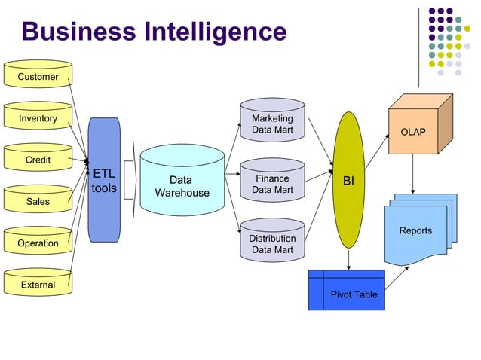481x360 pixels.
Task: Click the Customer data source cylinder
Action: (x=38, y=75)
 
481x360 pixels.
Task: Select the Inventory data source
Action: (x=38, y=117)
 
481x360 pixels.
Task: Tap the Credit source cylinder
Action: (x=38, y=159)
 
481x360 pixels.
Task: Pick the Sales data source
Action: (x=38, y=201)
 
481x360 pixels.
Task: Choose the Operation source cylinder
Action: (x=38, y=243)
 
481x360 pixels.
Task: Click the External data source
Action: (x=38, y=284)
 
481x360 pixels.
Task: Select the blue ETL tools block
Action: (x=104, y=180)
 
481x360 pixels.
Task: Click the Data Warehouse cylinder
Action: (x=182, y=186)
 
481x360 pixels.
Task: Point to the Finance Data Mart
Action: (x=272, y=184)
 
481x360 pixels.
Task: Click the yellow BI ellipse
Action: (x=348, y=180)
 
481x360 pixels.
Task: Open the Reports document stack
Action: (x=419, y=230)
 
